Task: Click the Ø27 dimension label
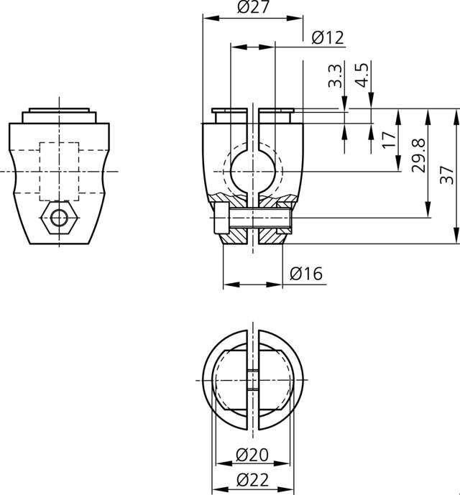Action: pyautogui.click(x=252, y=8)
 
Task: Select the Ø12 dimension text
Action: pyautogui.click(x=328, y=38)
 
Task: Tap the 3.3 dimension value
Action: pyautogui.click(x=334, y=75)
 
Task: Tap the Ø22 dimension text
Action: pyautogui.click(x=252, y=481)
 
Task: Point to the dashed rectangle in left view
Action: pyautogui.click(x=60, y=171)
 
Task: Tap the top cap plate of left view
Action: pyautogui.click(x=60, y=116)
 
